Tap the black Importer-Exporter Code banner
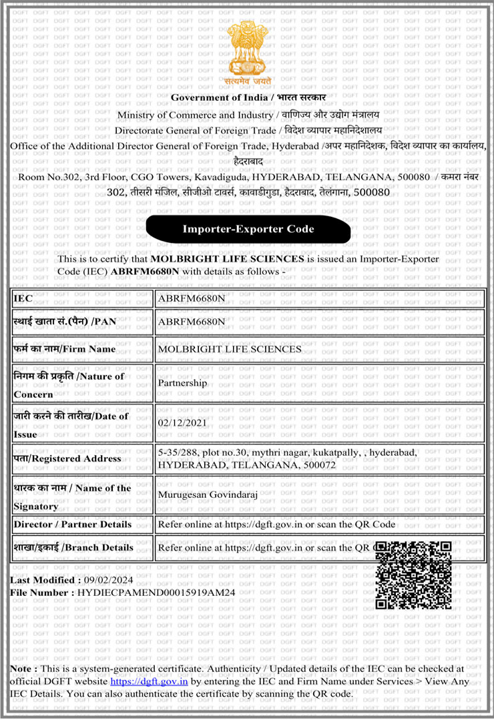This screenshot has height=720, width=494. coord(248,229)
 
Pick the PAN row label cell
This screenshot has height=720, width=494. coord(65,322)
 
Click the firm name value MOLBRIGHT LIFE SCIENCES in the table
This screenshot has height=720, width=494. coord(229,349)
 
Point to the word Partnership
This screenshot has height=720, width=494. coord(182,384)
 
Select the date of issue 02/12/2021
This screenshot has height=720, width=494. coord(182,422)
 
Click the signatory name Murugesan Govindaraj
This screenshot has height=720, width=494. coord(208,494)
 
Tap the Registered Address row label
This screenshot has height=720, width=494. coord(67,458)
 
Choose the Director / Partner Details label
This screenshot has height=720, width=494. coord(72,524)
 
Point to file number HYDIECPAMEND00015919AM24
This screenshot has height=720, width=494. coord(156,593)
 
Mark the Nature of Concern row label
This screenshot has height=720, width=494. coord(69,384)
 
